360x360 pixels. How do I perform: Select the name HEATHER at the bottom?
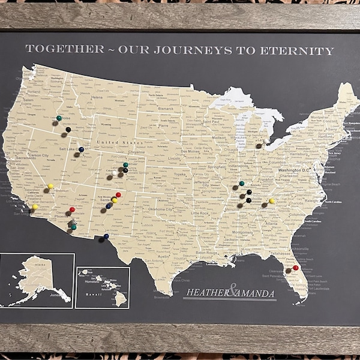pyautogui.click(x=207, y=293)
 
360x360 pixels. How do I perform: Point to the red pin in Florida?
pyautogui.click(x=295, y=268)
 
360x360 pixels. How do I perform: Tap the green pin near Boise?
pyautogui.click(x=59, y=118)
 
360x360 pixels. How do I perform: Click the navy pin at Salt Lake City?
pyautogui.click(x=81, y=149)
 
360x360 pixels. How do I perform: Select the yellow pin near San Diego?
pyautogui.click(x=35, y=206)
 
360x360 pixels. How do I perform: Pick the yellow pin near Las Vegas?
pyautogui.click(x=50, y=186)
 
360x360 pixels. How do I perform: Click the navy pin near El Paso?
pyautogui.click(x=106, y=236)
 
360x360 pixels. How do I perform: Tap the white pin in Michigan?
pyautogui.click(x=266, y=142)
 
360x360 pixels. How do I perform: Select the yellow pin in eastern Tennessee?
pyautogui.click(x=272, y=201)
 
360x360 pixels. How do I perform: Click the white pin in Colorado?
pyautogui.click(x=115, y=173)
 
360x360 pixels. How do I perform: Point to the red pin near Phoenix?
pyautogui.click(x=72, y=209)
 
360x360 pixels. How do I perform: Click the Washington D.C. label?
pyautogui.click(x=298, y=170)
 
